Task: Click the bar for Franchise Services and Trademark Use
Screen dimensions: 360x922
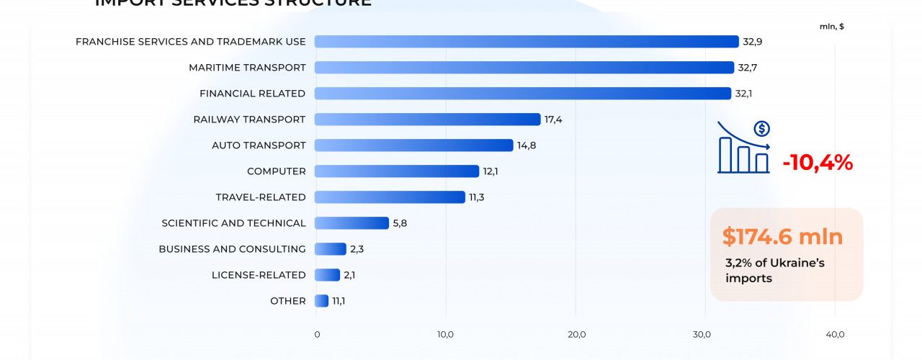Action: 527,42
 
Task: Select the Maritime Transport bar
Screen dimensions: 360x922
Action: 524,68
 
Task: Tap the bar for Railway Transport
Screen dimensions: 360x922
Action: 427,120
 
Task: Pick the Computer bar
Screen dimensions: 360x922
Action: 396,171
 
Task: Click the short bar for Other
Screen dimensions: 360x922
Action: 321,301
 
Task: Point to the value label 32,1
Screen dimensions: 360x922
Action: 744,94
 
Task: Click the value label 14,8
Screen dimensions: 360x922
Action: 527,145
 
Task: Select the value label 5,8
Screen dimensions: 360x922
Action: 400,223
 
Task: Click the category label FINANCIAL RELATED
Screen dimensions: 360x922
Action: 252,94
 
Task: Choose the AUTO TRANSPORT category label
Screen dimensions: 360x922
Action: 259,145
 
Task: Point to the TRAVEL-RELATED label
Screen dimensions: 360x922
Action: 261,197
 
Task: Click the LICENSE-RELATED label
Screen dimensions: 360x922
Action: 259,275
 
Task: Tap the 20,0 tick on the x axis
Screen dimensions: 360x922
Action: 576,334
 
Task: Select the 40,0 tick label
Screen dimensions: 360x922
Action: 835,334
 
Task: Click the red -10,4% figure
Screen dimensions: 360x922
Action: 818,163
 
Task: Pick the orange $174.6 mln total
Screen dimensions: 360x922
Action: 782,236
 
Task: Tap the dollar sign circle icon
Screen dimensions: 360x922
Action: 761,130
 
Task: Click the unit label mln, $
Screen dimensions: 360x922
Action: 832,27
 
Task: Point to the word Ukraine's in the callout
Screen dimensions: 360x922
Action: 797,263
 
